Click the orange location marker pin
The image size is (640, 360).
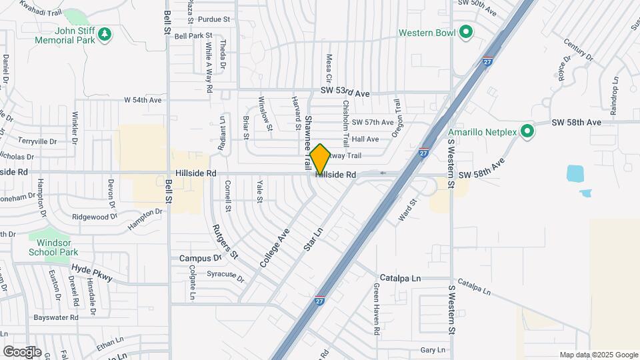(320, 159)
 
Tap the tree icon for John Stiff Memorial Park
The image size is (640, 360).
(103, 33)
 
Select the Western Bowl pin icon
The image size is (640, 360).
(466, 32)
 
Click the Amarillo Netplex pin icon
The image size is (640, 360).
(527, 131)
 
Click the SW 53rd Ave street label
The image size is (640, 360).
(345, 93)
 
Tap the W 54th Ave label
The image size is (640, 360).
(143, 100)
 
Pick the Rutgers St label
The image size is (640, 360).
(225, 240)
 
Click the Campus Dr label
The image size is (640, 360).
(200, 258)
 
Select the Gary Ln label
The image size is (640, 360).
(433, 350)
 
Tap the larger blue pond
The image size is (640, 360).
(575, 173)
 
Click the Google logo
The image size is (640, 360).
(21, 351)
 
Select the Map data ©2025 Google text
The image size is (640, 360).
(599, 355)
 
